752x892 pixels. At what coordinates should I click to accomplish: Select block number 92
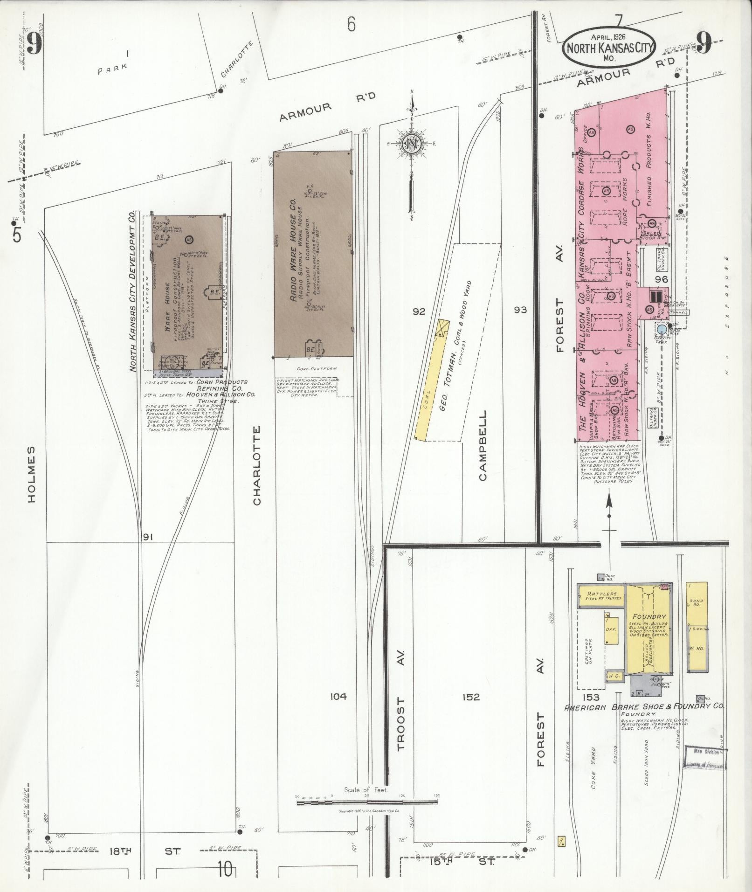[x=419, y=311]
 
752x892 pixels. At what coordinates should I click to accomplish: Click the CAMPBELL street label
[x=482, y=445]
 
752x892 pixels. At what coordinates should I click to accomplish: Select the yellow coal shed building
[x=429, y=396]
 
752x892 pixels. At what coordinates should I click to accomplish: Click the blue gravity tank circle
[x=662, y=330]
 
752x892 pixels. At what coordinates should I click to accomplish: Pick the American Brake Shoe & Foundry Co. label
[x=644, y=720]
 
